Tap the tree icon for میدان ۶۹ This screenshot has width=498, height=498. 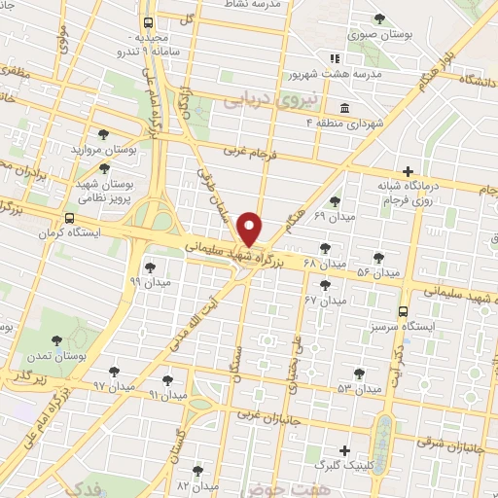[x=335, y=201]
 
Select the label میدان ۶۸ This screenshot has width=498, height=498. [x=325, y=265]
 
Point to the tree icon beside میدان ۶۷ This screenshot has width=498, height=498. [x=325, y=286]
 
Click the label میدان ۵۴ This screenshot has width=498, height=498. [x=378, y=272]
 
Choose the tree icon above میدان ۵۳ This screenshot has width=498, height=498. [x=359, y=373]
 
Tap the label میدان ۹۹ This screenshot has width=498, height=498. [x=149, y=280]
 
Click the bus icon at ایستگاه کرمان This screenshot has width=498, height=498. [x=68, y=219]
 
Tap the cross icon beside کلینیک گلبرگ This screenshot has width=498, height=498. [x=344, y=450]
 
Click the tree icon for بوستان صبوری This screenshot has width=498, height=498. [x=379, y=18]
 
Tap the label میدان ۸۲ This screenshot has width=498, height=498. [x=195, y=484]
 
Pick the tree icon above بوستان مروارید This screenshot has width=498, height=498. [x=103, y=135]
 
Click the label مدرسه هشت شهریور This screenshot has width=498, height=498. [x=329, y=73]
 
